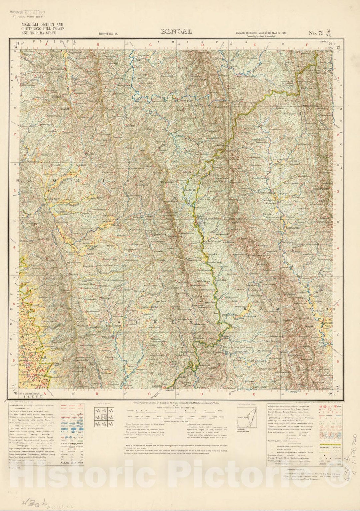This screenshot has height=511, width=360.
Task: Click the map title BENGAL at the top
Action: (177, 32)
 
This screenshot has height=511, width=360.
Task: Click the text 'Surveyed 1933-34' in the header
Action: (111, 34)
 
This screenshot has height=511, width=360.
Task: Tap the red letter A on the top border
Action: (47, 44)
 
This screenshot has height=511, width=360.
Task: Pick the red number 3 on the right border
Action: (339, 191)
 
